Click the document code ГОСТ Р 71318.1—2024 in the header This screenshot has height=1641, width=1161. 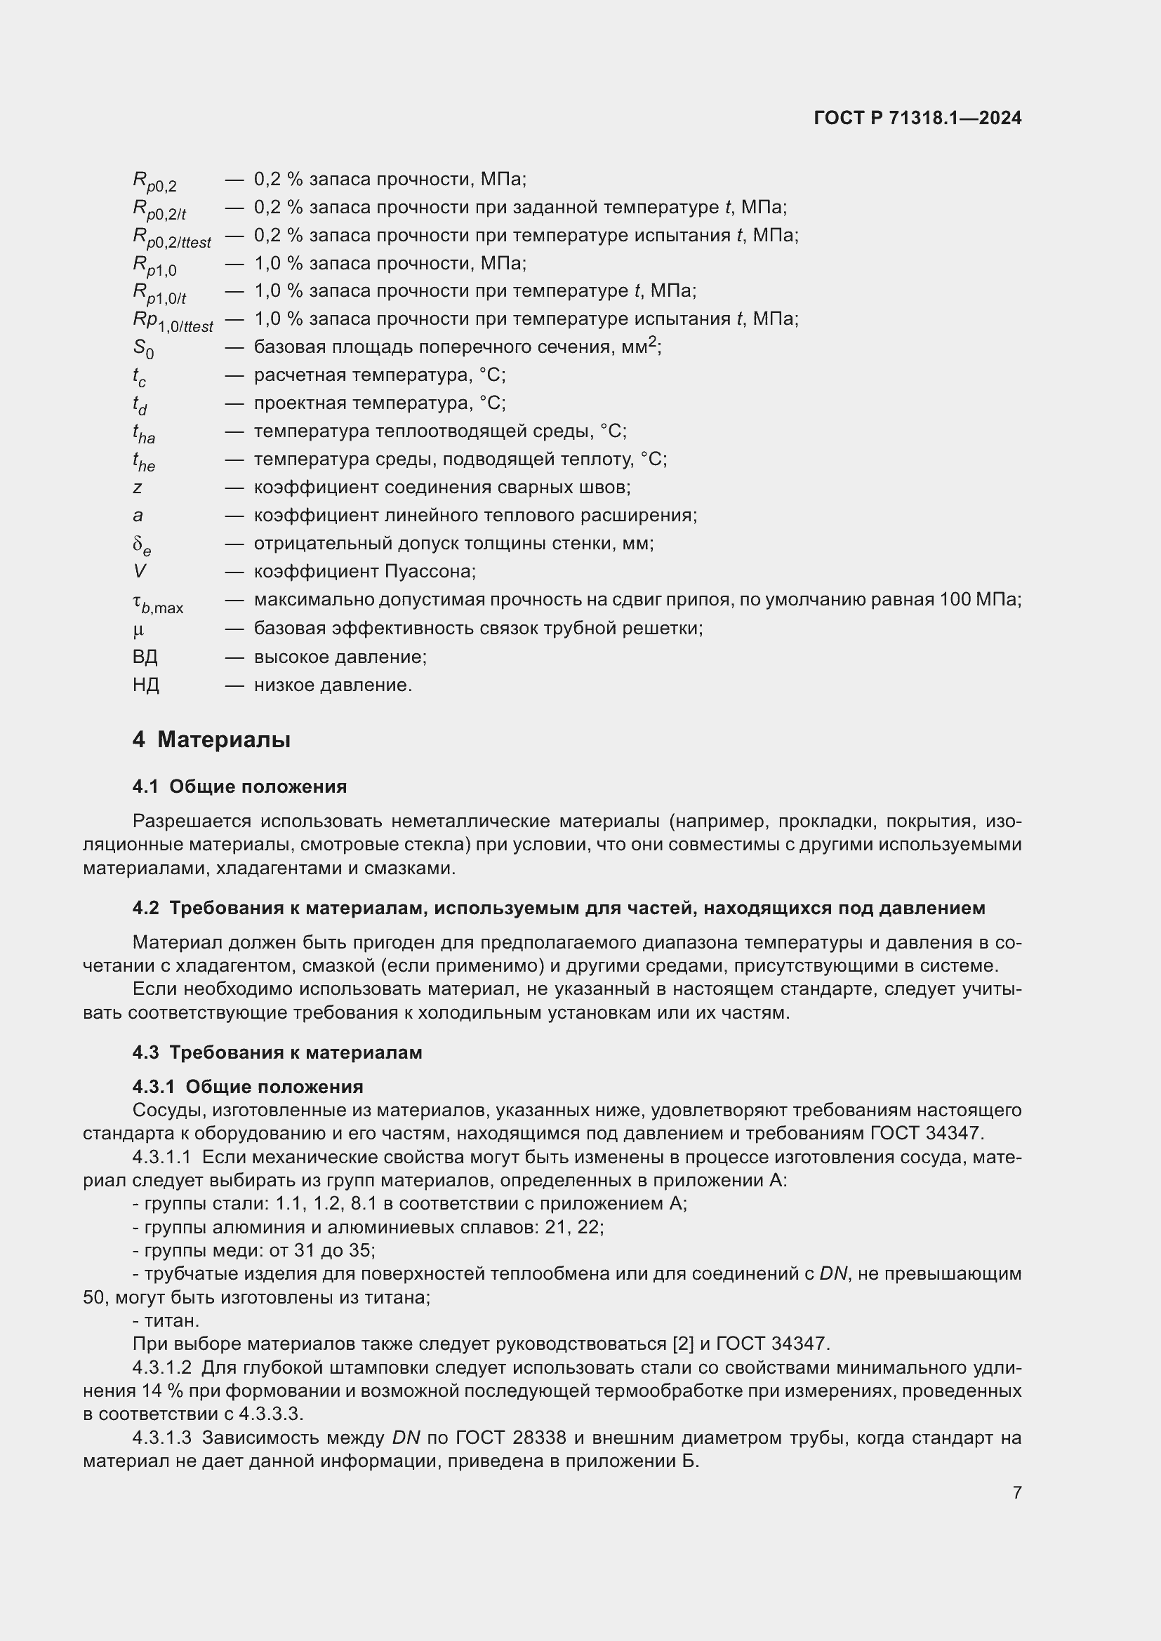tap(917, 119)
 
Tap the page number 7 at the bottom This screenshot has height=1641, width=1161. tap(1016, 1492)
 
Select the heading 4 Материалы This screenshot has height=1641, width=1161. tap(211, 739)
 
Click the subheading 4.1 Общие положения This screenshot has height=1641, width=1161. tap(239, 787)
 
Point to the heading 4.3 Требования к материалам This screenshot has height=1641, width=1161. tap(277, 1053)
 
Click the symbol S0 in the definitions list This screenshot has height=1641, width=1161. tap(143, 349)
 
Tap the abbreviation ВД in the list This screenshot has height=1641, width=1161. tap(145, 657)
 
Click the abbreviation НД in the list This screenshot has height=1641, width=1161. tap(146, 685)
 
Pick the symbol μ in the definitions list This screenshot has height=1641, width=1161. tap(138, 629)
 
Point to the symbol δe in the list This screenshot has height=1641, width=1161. tap(142, 546)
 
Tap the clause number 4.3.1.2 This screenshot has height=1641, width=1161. tap(162, 1368)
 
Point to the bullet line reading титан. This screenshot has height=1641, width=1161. tap(166, 1321)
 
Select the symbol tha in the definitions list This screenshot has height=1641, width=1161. tap(143, 433)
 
